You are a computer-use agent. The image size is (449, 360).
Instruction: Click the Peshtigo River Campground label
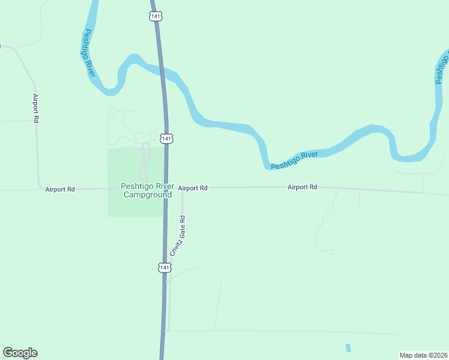[146, 190]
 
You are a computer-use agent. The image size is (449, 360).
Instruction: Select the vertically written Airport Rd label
[36, 109]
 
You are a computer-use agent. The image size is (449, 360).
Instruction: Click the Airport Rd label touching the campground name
[193, 188]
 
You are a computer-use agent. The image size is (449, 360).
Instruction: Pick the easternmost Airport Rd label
[302, 187]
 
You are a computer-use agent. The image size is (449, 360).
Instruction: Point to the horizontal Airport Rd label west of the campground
[60, 189]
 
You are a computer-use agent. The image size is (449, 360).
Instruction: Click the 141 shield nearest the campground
[167, 139]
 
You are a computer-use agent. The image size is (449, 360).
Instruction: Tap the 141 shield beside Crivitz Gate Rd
[163, 267]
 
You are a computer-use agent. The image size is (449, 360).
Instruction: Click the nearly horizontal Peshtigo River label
[294, 160]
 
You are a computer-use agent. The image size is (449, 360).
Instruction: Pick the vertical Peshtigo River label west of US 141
[91, 53]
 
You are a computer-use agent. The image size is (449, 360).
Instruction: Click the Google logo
[20, 353]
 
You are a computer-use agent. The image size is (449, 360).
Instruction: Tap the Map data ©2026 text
[423, 355]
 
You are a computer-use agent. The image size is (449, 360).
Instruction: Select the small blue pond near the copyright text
[348, 348]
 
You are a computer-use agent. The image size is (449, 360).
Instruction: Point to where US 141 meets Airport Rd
[166, 188]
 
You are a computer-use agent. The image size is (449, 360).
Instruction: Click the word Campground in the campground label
[148, 194]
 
